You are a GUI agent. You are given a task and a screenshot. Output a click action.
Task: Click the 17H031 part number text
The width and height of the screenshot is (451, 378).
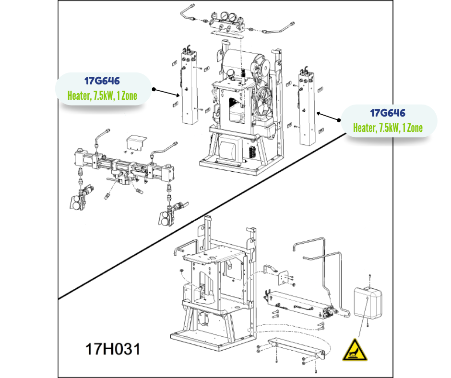pyautogui.click(x=113, y=349)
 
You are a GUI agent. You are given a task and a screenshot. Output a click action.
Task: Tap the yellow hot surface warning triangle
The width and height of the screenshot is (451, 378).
pyautogui.click(x=355, y=349)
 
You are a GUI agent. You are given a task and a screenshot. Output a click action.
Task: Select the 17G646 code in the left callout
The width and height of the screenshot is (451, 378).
pyautogui.click(x=102, y=81)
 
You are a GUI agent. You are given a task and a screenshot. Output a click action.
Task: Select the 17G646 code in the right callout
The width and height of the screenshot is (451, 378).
pyautogui.click(x=388, y=113)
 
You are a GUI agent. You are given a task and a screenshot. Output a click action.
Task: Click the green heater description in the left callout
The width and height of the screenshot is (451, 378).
pyautogui.click(x=102, y=95)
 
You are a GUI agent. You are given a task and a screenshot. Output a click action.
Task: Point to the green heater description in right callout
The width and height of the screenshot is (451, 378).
pyautogui.click(x=388, y=128)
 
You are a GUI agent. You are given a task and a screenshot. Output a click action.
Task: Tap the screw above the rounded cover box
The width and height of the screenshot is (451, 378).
pyautogui.click(x=370, y=276)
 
